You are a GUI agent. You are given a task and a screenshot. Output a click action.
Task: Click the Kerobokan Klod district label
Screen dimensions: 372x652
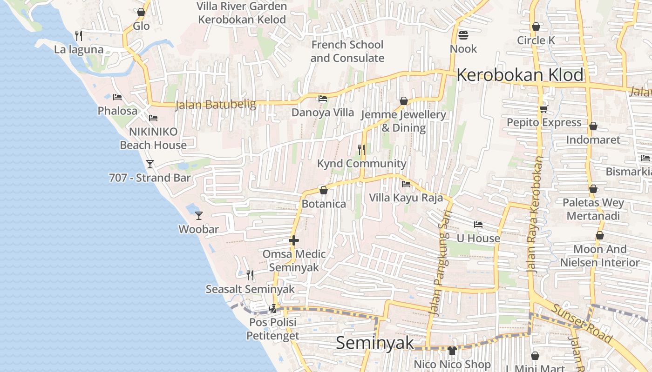[x=520, y=75]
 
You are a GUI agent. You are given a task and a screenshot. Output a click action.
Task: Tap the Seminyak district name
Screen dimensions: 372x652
[x=374, y=343]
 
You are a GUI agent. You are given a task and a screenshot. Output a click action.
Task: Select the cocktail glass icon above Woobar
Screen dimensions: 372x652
[x=199, y=215]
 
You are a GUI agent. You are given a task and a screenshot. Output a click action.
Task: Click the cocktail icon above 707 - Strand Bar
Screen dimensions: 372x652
[x=150, y=164]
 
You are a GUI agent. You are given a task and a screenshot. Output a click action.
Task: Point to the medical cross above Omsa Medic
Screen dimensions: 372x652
[x=294, y=240]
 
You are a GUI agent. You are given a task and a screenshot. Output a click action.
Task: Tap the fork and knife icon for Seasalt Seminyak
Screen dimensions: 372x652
[x=250, y=275]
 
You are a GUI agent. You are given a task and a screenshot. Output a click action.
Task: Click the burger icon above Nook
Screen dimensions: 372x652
[x=463, y=35]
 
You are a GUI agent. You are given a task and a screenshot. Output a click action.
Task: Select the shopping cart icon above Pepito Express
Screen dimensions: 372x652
[x=543, y=109]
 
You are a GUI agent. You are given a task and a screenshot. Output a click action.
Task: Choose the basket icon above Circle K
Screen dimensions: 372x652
[x=536, y=27]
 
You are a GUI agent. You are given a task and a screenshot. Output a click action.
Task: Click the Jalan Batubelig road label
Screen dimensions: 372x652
[x=216, y=105]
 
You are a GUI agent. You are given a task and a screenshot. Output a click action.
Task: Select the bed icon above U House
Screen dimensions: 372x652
[x=478, y=225]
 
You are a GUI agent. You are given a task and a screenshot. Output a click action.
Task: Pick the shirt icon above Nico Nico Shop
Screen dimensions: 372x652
[x=452, y=350]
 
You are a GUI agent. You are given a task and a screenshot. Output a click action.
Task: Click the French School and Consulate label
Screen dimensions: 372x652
[x=347, y=51]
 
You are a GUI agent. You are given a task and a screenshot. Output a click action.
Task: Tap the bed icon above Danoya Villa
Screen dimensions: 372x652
[x=322, y=99]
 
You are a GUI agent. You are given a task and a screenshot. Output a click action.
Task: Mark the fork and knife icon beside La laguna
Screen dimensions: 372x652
[x=79, y=35]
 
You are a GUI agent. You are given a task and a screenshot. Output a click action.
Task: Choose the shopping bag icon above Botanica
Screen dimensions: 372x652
[x=324, y=190]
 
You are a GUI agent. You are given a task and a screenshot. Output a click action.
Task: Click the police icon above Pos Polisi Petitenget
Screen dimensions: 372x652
[x=273, y=308]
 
